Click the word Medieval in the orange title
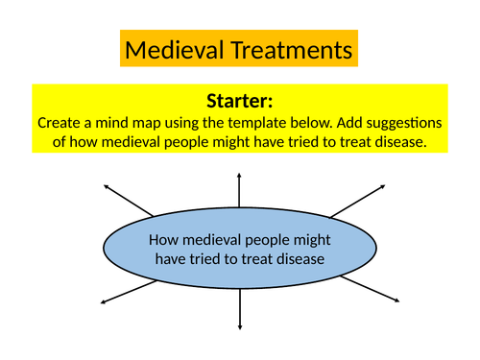[x=172, y=49]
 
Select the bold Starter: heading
[x=240, y=101]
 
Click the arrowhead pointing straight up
[x=240, y=175]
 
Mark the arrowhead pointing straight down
[x=240, y=327]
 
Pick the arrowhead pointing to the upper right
[x=382, y=185]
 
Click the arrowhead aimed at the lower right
[x=396, y=302]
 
